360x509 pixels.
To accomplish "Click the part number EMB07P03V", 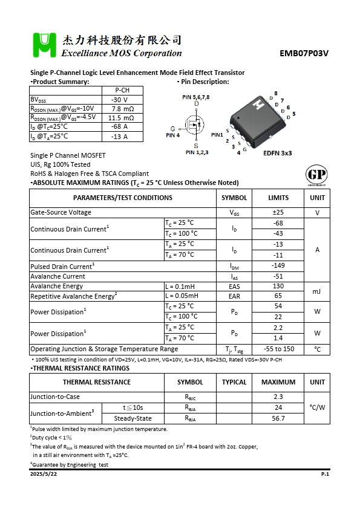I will [304, 53].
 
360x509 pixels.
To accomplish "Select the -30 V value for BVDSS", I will [119, 100].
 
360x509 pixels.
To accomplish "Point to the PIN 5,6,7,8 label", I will [196, 97].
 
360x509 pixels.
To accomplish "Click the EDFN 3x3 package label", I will [277, 154].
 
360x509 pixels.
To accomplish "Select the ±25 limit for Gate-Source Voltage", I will [278, 213].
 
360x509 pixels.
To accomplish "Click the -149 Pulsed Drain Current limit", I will [278, 266].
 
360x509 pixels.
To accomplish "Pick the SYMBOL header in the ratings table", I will [234, 198].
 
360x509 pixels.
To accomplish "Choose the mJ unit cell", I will [317, 291].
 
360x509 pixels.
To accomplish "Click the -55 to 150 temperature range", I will [278, 349].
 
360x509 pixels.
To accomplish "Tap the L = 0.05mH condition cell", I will [182, 296].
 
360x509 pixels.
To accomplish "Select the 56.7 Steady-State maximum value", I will [278, 418].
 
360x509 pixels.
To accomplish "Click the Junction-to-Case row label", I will [56, 397].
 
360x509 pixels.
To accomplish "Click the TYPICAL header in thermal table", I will [234, 382].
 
